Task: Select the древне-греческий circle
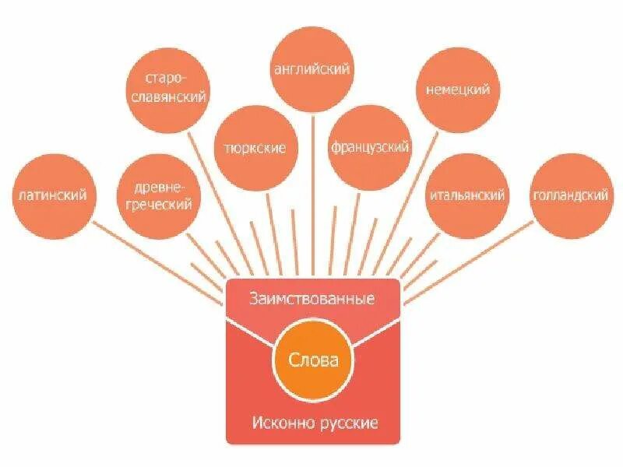coord(159,195)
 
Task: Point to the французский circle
coord(370,146)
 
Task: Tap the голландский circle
coord(571,195)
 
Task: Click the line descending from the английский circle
coord(312,195)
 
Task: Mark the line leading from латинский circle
coord(156,261)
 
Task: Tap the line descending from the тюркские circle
coord(269,226)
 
